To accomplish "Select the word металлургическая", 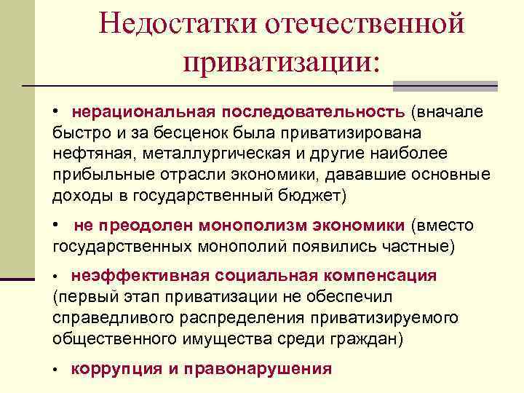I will pos(198,154).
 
